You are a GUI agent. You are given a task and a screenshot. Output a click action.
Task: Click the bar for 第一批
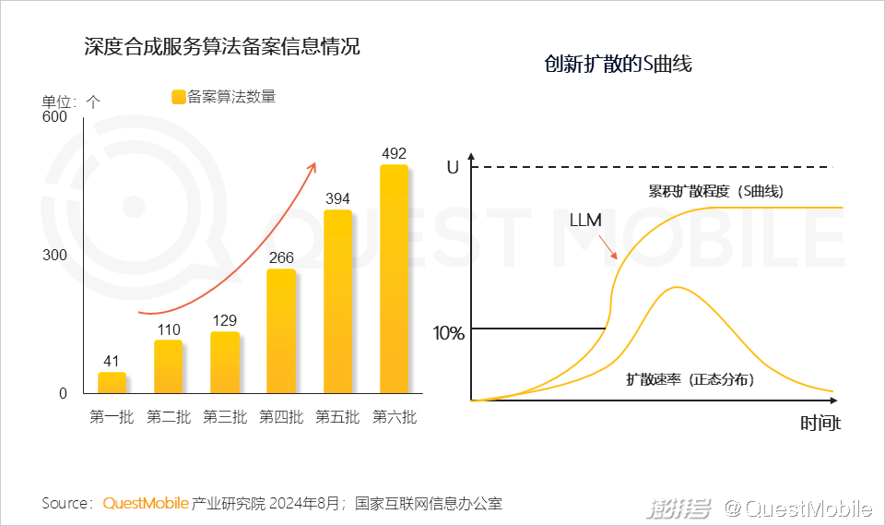(112, 383)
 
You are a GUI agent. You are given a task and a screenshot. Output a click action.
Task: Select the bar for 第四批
(281, 330)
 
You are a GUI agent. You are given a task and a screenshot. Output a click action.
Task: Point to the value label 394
(337, 199)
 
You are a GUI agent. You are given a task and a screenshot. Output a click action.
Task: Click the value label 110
(168, 329)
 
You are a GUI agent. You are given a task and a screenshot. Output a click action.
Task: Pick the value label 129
(224, 321)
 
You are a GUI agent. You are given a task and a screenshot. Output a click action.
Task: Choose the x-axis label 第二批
(168, 417)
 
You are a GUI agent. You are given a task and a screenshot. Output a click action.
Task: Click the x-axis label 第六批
(394, 417)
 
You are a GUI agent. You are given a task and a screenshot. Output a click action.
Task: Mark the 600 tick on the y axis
(55, 117)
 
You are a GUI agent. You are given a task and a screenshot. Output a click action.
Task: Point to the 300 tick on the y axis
(55, 256)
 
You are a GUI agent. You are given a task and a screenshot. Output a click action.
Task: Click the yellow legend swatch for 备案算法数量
(178, 97)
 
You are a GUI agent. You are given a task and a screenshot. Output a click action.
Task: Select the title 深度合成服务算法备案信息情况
(221, 47)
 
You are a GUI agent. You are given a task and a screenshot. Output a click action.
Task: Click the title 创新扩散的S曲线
(618, 65)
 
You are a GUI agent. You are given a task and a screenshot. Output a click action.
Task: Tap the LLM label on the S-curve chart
(585, 221)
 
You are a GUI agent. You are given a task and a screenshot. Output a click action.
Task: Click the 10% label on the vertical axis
(449, 333)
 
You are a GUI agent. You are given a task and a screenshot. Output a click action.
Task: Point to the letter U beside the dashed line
(452, 168)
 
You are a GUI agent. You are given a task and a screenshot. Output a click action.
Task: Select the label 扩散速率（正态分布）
(690, 379)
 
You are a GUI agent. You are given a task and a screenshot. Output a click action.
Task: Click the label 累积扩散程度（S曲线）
(715, 192)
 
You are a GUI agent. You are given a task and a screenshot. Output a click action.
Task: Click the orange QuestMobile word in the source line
(146, 504)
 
